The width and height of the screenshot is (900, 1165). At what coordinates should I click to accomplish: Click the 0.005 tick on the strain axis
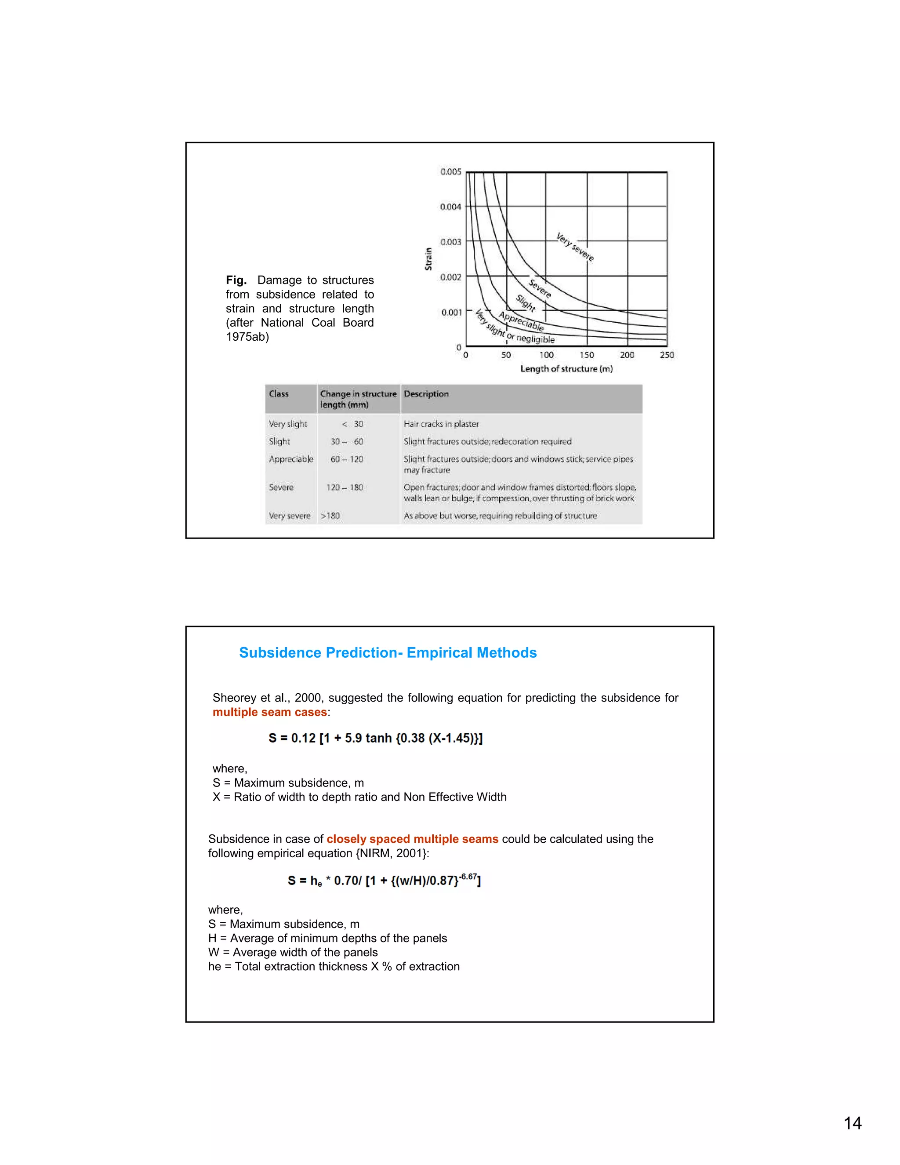tap(450, 172)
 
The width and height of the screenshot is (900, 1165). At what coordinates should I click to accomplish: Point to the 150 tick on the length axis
tap(587, 355)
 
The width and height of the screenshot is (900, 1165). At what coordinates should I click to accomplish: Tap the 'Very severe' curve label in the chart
tap(575, 247)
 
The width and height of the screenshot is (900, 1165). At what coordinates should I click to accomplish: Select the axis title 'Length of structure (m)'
tap(566, 368)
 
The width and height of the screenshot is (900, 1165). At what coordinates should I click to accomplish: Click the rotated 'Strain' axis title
tap(428, 259)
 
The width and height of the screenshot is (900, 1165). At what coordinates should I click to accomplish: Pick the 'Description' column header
tap(426, 393)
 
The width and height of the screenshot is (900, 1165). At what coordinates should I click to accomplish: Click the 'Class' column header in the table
tap(278, 393)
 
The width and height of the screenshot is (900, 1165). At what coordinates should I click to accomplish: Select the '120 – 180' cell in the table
tap(345, 487)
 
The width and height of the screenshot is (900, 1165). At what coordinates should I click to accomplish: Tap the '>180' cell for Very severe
tap(330, 516)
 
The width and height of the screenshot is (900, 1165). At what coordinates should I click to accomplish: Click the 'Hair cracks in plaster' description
tap(441, 424)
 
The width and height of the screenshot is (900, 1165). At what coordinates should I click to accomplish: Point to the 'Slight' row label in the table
tap(279, 441)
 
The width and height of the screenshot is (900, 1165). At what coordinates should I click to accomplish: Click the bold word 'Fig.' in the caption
tap(236, 280)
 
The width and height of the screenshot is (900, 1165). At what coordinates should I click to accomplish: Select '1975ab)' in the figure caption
tap(247, 337)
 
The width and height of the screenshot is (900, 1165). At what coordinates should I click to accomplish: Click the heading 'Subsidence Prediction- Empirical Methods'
tap(388, 652)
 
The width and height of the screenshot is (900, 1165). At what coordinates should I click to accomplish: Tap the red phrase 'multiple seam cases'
tap(269, 712)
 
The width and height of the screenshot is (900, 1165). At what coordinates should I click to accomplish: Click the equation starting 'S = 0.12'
tap(375, 738)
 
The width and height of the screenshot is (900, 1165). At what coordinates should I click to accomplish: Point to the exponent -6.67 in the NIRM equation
tap(468, 877)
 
